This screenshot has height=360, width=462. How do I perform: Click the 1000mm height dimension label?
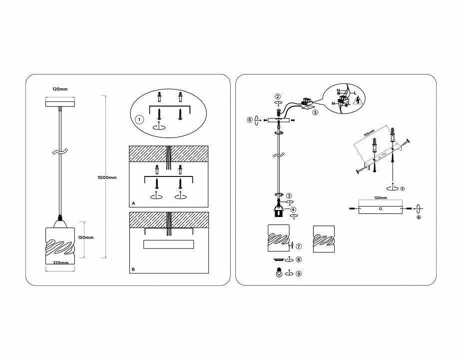click(x=107, y=177)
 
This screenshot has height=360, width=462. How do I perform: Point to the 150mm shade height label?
click(x=86, y=237)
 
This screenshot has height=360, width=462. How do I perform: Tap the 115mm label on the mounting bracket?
click(x=369, y=133)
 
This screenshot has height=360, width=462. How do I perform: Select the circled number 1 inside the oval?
click(x=139, y=120)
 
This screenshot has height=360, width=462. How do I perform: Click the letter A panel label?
click(x=133, y=203)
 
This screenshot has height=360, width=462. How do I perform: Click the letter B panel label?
click(x=133, y=269)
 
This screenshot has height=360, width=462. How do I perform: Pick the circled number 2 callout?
click(x=278, y=96)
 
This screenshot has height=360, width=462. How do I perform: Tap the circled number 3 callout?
click(x=289, y=196)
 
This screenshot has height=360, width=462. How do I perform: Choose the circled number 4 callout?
click(x=293, y=209)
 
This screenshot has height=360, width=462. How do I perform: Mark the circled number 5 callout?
click(x=315, y=112)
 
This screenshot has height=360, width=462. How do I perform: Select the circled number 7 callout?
click(x=299, y=246)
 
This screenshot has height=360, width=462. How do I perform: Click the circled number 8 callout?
click(x=299, y=259)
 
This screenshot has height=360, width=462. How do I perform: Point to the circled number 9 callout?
click(x=299, y=274)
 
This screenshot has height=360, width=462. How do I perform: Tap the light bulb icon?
click(x=278, y=272)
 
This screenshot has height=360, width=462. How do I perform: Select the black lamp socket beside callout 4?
click(x=278, y=211)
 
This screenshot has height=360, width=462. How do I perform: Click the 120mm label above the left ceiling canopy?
click(x=60, y=89)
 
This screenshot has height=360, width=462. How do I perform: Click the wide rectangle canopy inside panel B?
click(x=168, y=244)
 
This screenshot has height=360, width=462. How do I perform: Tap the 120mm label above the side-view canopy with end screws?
click(x=381, y=197)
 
